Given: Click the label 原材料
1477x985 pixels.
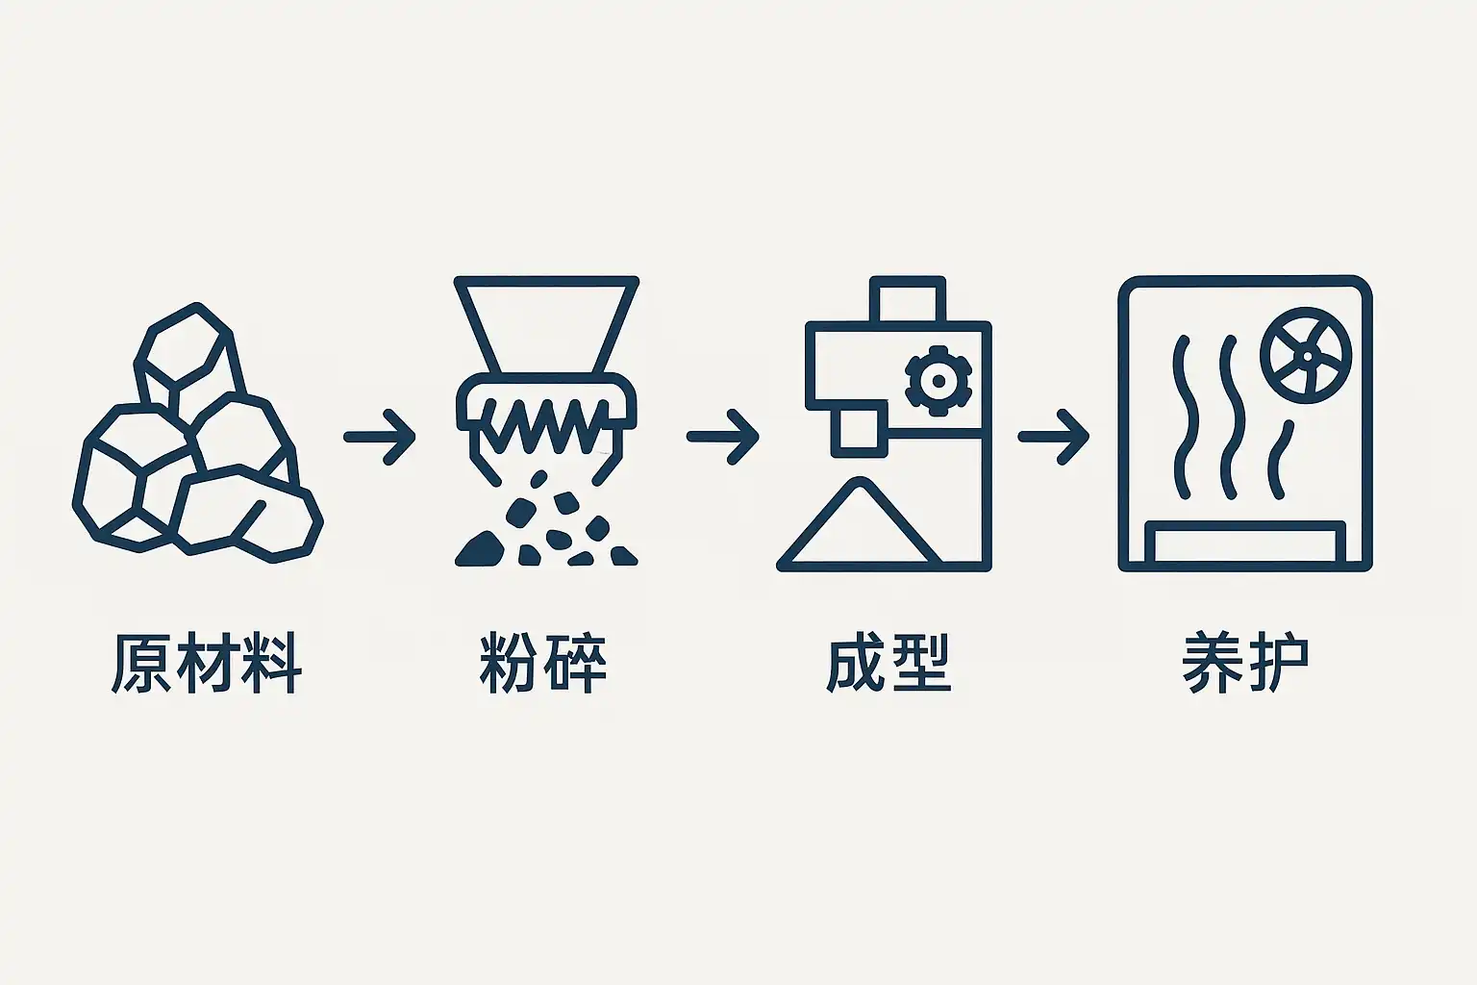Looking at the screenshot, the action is pos(207,663).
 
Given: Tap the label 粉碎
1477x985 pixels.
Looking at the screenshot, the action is pos(542,663).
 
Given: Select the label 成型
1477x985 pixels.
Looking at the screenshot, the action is pos(889,663).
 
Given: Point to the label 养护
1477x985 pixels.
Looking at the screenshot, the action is pos(1245,663).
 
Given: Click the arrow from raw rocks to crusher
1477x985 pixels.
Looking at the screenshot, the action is pos(380,437).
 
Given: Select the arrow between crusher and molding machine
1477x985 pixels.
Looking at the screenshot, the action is pos(723,437).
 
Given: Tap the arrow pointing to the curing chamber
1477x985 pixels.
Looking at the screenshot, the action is pos(1054,437).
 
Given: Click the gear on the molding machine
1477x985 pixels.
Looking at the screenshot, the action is pos(939,381).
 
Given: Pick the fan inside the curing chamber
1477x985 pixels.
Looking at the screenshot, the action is pos(1306,356).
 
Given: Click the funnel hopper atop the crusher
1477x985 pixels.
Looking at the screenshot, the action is pos(546,324).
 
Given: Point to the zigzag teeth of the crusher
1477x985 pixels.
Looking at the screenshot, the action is pos(546,424).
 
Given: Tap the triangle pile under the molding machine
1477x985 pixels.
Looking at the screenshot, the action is pos(860,523).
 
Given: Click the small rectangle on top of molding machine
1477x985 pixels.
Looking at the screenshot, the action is pos(908,300).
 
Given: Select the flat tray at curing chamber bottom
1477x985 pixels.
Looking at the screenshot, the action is pos(1245,543).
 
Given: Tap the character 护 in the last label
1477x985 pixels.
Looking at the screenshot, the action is pos(1278,663).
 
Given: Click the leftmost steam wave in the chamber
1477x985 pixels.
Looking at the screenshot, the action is pos(1184,417).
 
